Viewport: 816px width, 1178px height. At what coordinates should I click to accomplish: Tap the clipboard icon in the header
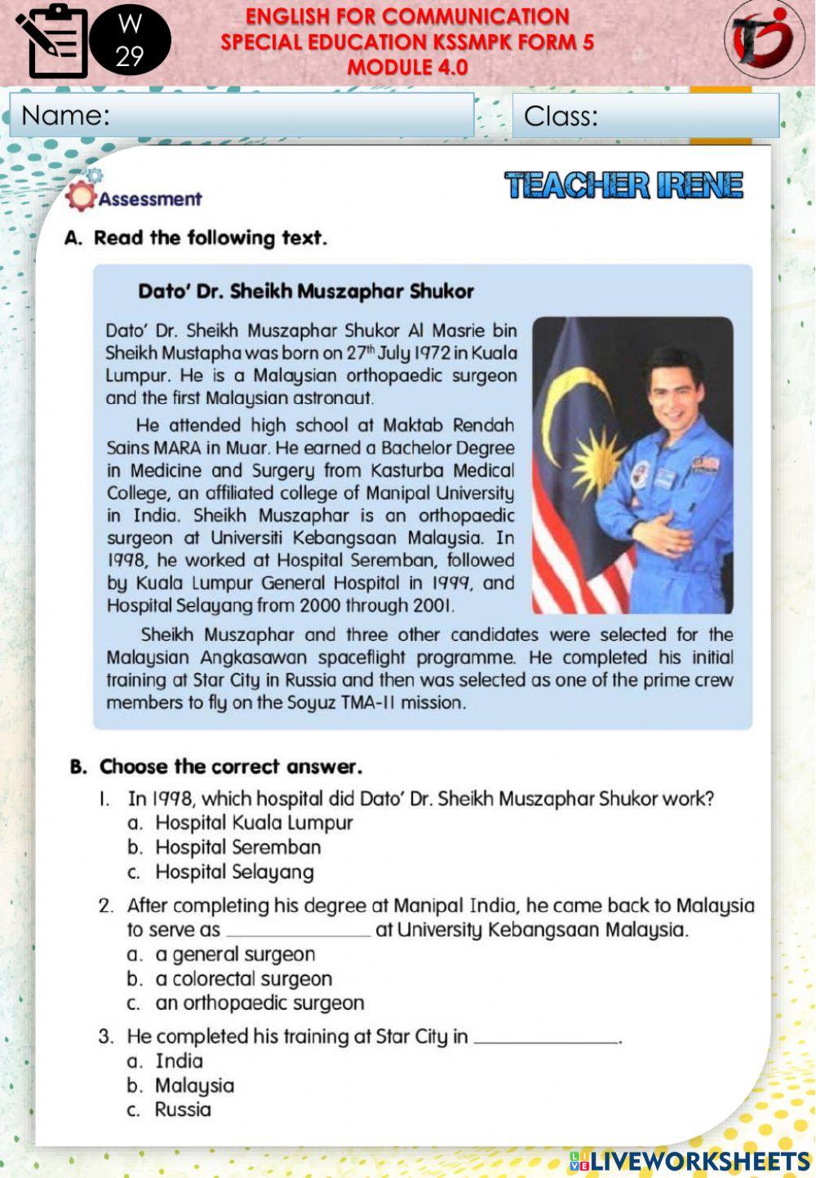click(x=54, y=40)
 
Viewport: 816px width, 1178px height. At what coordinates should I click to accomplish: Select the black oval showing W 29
click(x=130, y=39)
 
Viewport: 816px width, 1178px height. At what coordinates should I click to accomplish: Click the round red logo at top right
click(x=765, y=38)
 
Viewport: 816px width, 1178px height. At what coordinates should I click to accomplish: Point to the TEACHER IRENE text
click(x=624, y=185)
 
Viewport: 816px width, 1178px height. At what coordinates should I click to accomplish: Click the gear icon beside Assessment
click(x=80, y=194)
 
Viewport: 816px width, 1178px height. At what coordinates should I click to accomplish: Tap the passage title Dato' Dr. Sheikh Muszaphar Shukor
click(x=306, y=291)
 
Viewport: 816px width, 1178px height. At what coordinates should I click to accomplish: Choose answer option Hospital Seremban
click(x=237, y=847)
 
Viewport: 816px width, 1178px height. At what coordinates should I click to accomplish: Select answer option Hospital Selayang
click(x=234, y=872)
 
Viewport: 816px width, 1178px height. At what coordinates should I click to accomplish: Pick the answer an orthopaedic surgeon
click(x=259, y=1002)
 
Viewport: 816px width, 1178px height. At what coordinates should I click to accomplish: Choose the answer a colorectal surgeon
click(x=243, y=978)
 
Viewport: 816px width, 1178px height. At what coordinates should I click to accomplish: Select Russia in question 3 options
click(x=183, y=1109)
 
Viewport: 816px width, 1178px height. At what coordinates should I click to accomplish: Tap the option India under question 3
click(x=179, y=1060)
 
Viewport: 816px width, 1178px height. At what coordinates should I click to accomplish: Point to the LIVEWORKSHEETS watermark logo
click(x=690, y=1160)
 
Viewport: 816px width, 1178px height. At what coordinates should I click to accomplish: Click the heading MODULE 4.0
click(x=407, y=67)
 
